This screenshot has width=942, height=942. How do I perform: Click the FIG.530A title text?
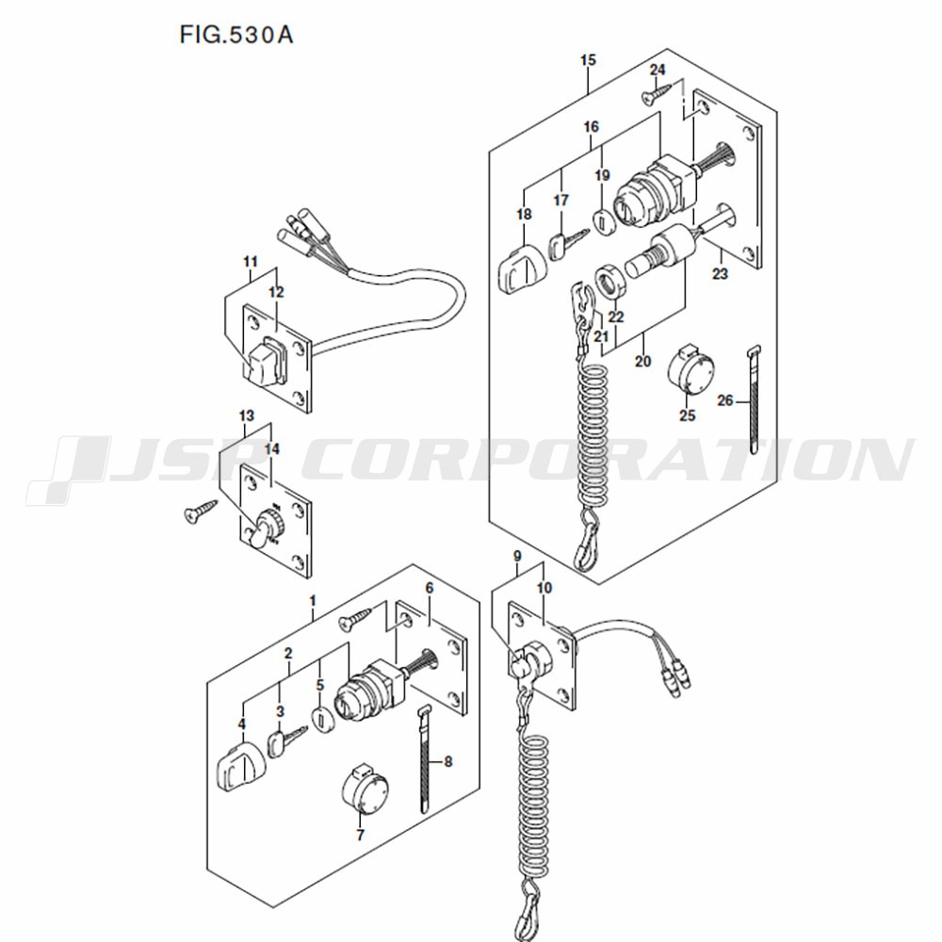coord(236,35)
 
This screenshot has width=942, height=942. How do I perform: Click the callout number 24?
coord(658,70)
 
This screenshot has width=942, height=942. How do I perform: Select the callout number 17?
coord(560,200)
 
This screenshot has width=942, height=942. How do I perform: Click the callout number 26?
coord(725,400)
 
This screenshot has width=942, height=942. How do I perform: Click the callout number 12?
coord(276,292)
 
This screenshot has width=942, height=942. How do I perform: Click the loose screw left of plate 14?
coord(200,512)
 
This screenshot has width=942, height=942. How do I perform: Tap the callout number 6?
coord(429,588)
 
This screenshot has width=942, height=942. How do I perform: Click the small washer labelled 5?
coord(323,719)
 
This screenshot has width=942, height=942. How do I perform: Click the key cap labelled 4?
coord(239,767)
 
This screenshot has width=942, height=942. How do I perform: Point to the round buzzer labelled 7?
coord(364,788)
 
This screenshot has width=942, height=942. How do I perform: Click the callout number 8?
coord(447,762)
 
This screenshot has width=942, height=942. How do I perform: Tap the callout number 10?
coord(544,588)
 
